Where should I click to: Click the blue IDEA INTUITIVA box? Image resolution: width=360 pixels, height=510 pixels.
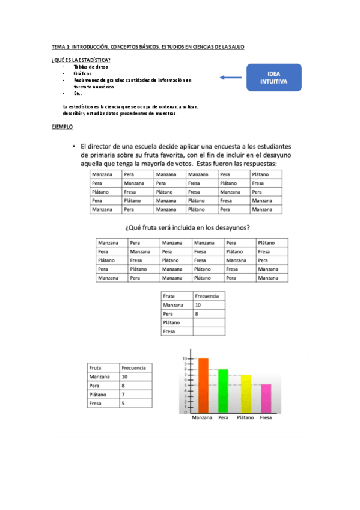[274, 77]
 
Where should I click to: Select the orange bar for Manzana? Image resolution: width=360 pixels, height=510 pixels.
[203, 385]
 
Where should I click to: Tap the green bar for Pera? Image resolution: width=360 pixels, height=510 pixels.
[223, 390]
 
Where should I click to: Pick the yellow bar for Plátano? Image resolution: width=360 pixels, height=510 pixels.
[245, 393]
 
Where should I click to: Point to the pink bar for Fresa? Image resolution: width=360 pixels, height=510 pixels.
[266, 398]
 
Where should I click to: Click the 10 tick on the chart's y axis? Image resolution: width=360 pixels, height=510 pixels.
[185, 359]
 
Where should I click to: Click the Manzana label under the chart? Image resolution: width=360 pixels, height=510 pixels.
[201, 417]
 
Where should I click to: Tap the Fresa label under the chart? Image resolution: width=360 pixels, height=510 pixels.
[267, 417]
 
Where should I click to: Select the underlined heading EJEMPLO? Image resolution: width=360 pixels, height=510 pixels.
[63, 127]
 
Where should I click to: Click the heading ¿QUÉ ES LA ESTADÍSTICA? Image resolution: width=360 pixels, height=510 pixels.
[81, 60]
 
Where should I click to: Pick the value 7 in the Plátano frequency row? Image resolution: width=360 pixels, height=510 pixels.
[123, 395]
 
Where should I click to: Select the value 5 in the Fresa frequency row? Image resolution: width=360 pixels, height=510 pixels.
[123, 404]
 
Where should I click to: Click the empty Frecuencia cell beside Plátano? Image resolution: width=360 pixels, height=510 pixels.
[209, 323]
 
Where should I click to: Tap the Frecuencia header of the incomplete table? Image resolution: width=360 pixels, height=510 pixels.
[207, 296]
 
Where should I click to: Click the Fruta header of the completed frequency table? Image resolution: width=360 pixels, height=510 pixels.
[95, 367]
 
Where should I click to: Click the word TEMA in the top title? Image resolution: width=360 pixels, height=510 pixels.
[58, 46]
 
